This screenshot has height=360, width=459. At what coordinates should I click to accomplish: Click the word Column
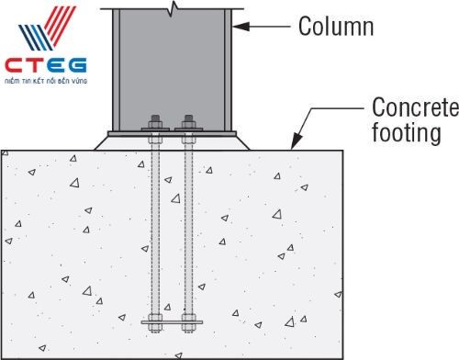pyautogui.click(x=335, y=27)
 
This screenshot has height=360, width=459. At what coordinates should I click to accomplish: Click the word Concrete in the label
pyautogui.click(x=415, y=108)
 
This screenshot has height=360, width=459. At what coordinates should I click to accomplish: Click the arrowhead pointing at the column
pyautogui.click(x=237, y=28)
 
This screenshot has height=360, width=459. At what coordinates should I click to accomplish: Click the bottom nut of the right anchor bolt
pyautogui.click(x=189, y=322)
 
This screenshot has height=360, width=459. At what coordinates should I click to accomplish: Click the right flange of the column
pyautogui.click(x=228, y=69)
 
